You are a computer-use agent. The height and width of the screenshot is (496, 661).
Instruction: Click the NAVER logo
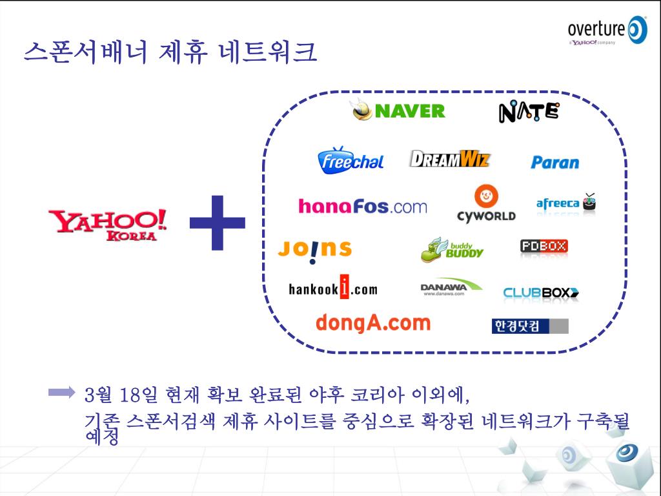[x=399, y=111]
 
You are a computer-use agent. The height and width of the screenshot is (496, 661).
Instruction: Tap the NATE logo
[x=529, y=112]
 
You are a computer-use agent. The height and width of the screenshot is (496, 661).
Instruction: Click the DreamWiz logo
[x=450, y=159]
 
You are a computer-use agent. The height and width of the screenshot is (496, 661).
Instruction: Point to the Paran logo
[x=554, y=162]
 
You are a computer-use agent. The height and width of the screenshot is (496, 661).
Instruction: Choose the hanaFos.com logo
[x=363, y=207]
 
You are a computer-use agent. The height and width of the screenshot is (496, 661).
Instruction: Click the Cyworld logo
[x=486, y=204]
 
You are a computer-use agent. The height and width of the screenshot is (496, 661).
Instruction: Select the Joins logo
[x=314, y=249]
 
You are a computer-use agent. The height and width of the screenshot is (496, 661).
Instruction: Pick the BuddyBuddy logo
[x=453, y=249]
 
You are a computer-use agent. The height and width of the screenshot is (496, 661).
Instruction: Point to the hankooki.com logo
[x=333, y=288]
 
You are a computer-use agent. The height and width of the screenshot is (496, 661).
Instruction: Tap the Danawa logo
[x=451, y=288]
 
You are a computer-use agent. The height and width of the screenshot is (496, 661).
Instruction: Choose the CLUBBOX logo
[x=541, y=293]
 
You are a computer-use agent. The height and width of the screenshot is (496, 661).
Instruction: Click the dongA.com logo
[x=372, y=322]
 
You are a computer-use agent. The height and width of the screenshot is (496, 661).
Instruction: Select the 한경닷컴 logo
[x=529, y=326]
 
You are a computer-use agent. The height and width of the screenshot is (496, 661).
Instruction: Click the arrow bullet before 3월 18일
[x=62, y=392]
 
